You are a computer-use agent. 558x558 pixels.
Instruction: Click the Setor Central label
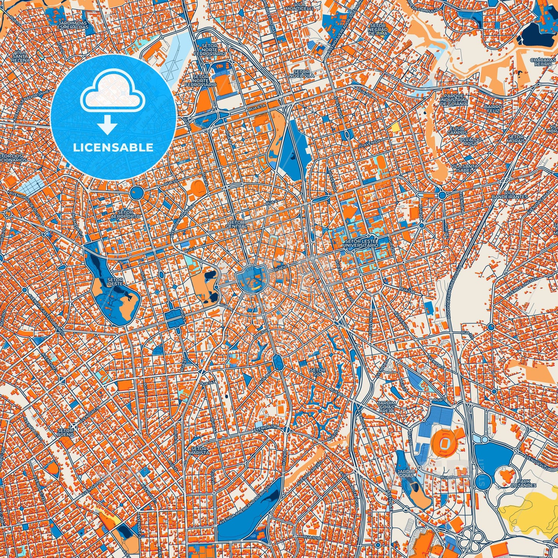236,224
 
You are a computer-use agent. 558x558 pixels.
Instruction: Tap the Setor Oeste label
115,282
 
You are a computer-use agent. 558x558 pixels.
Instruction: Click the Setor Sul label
318,372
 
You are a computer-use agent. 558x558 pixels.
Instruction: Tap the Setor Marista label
200,451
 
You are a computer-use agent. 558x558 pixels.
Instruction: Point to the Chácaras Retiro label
543,63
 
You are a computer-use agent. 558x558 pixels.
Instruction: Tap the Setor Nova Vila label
301,74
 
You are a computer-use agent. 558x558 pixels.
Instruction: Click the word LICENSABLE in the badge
113,148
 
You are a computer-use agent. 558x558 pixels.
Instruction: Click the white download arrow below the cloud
108,125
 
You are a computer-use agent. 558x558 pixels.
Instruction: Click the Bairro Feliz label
494,109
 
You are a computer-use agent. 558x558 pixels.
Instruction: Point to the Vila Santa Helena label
20,56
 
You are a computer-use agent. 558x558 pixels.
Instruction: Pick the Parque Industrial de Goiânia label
453,99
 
